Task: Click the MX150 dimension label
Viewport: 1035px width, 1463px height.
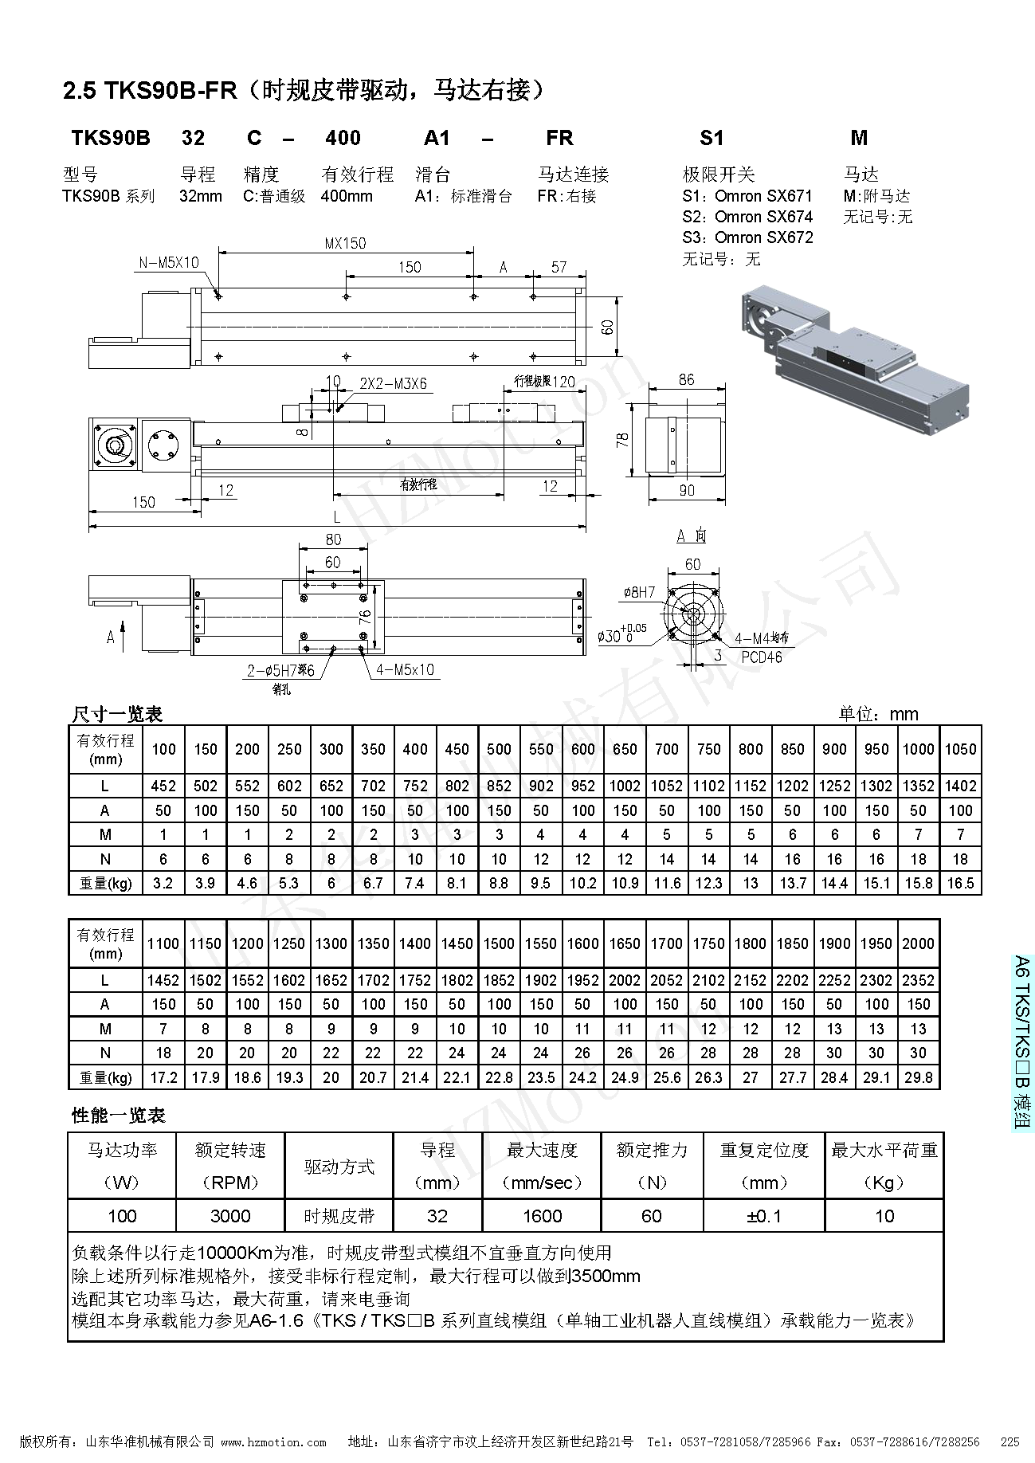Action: point(344,243)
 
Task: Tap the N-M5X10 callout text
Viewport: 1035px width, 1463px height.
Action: point(169,262)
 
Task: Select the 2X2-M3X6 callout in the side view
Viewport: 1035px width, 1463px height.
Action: point(393,383)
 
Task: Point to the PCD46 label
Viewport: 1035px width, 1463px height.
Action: point(761,657)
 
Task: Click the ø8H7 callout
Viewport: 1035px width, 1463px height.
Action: point(638,592)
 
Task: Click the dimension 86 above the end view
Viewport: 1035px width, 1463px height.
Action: point(687,380)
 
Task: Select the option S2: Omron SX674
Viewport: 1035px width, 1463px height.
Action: point(747,217)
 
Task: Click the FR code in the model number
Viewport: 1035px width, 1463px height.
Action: point(559,138)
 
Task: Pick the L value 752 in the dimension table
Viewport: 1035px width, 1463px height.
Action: point(415,786)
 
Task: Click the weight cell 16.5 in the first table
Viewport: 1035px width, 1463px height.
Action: point(960,883)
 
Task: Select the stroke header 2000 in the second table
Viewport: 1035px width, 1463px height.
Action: point(918,943)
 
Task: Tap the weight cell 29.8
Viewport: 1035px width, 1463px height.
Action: point(918,1077)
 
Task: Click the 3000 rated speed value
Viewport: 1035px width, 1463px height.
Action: point(230,1216)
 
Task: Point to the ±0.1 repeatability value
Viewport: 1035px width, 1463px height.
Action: point(763,1216)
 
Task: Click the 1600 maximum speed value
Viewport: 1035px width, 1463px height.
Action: point(542,1216)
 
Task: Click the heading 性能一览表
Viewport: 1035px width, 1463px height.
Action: point(118,1116)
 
